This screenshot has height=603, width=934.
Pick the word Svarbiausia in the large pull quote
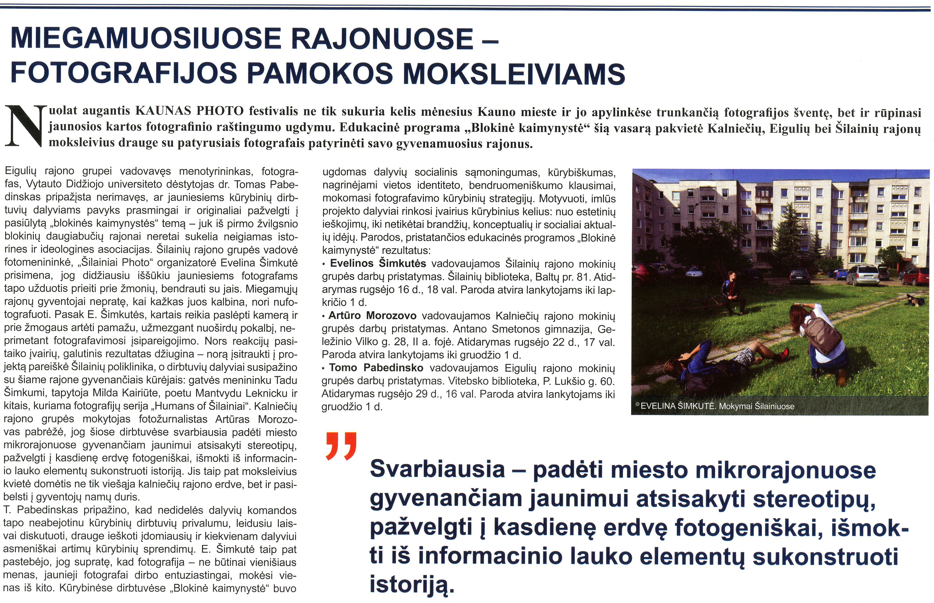(x=437, y=469)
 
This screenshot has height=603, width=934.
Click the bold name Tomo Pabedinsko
(x=376, y=368)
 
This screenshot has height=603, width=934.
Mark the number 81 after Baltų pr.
(x=583, y=277)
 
